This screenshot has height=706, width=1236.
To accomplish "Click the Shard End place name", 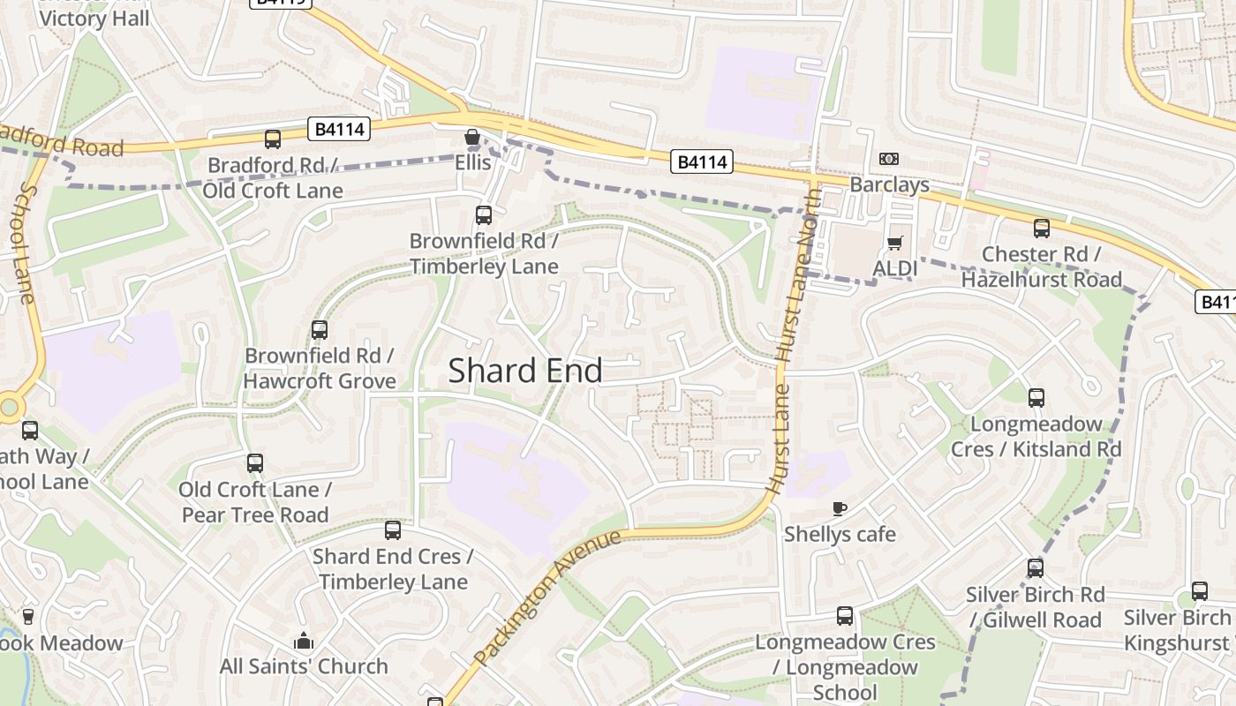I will coord(525,371).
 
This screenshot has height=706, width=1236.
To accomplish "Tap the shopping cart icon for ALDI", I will coord(895,243).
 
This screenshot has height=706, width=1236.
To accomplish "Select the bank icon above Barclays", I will coord(889,159).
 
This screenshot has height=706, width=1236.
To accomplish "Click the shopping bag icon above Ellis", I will coord(472,138).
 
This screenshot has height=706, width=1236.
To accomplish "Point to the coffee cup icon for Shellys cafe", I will coord(840,508).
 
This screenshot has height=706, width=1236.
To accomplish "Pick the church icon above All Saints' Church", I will coord(304,641).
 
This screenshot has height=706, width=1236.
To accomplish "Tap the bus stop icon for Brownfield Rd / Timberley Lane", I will coord(483,214).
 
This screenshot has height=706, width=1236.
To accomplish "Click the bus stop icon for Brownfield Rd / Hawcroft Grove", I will coord(320,330).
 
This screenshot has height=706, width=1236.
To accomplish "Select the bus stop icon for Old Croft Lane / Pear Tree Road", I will coord(255,463).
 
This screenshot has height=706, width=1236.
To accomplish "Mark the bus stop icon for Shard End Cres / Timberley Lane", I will coord(393,530).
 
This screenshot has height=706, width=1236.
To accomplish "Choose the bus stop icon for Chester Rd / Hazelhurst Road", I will coord(1042,229).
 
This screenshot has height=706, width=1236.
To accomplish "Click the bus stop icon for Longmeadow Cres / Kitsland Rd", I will coord(1036,398).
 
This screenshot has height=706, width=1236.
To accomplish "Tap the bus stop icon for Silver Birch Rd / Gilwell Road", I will coord(1036,568).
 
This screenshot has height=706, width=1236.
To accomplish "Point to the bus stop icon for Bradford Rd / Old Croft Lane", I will coord(273,139).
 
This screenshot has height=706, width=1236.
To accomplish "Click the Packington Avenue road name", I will coord(547,597).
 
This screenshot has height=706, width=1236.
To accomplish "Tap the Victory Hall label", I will coord(94,18).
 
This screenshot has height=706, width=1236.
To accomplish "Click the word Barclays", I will coord(889,184).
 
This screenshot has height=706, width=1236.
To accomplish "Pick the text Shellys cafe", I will coord(840,534).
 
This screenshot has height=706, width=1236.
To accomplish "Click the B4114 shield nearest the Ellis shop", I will coord(341,130).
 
